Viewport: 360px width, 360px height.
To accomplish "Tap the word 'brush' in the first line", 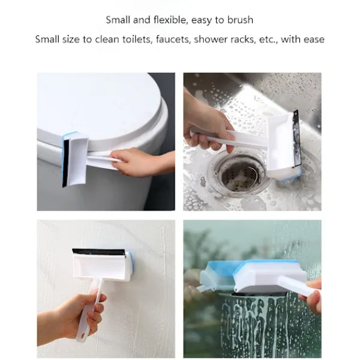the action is [x=241, y=20].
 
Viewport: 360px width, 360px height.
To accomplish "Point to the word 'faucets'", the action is [x=173, y=40].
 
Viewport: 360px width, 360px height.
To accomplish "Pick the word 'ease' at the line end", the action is [x=314, y=40].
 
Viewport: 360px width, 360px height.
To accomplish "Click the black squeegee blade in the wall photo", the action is [x=98, y=251].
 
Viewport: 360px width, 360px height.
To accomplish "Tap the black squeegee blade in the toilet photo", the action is [x=66, y=163].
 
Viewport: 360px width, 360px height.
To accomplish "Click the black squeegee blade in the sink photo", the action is [x=296, y=138].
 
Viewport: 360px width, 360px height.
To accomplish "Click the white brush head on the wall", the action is [x=101, y=266].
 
